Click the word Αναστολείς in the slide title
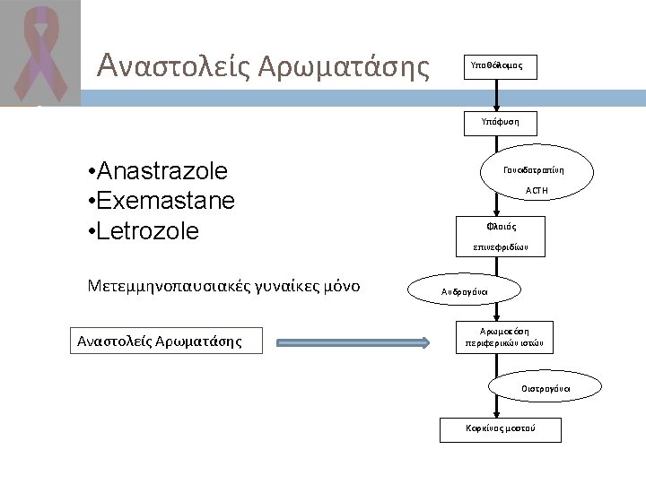(x=170, y=65)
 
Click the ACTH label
(x=537, y=191)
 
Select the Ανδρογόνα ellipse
(x=464, y=291)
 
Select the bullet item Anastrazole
(x=158, y=171)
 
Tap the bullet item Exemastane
(x=161, y=201)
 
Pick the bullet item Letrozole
(x=144, y=231)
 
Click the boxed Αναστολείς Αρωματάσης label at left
(x=160, y=341)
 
